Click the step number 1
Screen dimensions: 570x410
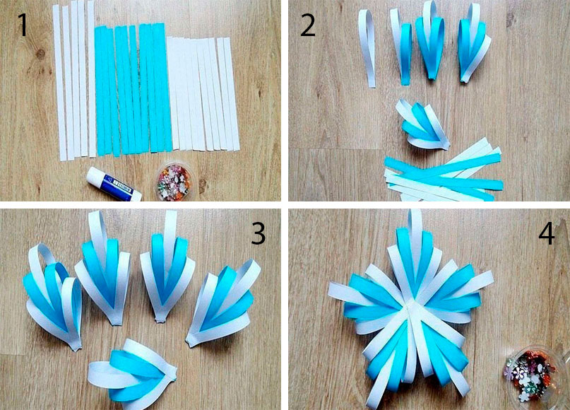point(23,24)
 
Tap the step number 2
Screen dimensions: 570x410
point(307,24)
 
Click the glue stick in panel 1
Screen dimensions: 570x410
point(114,184)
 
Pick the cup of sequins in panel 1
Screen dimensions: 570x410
point(173,182)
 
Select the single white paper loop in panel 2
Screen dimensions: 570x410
point(368,48)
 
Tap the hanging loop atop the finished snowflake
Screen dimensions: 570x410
point(415,222)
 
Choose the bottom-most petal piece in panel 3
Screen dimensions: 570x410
point(133,370)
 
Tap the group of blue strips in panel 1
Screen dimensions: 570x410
point(133,89)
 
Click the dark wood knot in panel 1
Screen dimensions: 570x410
point(40,54)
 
